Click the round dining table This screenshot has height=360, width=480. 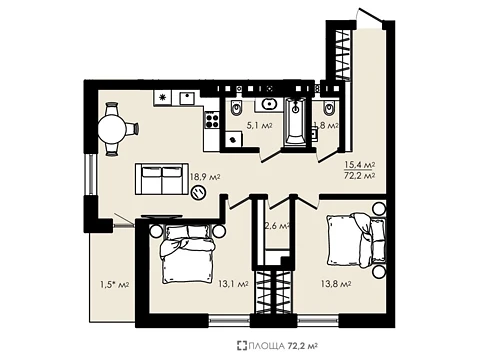[112, 129]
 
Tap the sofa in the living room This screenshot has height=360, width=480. [162, 179]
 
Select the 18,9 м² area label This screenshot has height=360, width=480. [205, 177]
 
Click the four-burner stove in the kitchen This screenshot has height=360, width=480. [212, 121]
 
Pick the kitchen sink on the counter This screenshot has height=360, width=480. [189, 98]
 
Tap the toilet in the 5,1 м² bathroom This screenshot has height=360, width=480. [236, 107]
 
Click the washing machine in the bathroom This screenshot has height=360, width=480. [234, 139]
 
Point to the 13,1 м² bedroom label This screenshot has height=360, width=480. [233, 284]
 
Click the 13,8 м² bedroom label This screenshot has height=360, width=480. [336, 284]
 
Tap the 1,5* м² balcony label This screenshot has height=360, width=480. [115, 284]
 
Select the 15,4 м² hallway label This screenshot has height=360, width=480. [360, 164]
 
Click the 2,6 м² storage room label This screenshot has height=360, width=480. [276, 226]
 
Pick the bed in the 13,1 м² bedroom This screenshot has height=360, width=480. [187, 254]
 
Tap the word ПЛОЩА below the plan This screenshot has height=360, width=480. [266, 346]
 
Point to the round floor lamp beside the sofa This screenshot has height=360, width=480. [199, 192]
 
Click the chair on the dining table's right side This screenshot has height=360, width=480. [132, 129]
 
